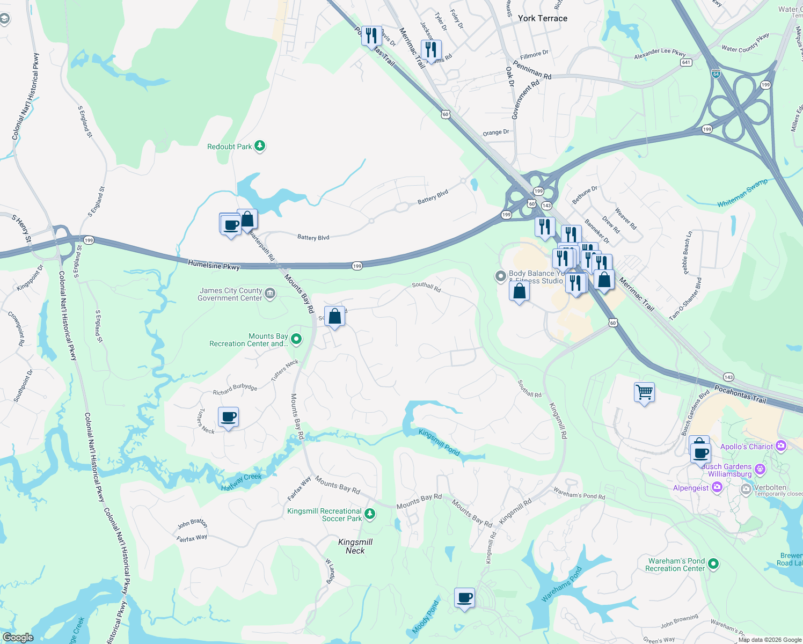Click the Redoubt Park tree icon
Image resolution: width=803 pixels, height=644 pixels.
coord(260,146)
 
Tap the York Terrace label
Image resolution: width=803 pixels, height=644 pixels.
coord(542,18)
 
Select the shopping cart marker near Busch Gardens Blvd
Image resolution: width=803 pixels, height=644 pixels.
coord(644,392)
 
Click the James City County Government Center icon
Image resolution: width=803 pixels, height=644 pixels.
coord(270,293)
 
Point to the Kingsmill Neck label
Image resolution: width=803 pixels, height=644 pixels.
coord(355,546)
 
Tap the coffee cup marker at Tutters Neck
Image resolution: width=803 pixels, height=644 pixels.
coord(229,417)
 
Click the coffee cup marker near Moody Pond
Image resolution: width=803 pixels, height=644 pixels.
coord(465,597)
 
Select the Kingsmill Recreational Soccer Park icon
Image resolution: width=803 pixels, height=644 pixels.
coord(370,515)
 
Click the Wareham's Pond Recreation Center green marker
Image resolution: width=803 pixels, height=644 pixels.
coord(713,564)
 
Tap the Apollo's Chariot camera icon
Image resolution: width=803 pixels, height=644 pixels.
coord(781,446)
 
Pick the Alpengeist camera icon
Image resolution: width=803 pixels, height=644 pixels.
coord(717,487)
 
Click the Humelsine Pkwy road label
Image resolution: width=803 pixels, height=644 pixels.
coord(214,265)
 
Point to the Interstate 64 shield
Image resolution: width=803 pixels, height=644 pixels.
coord(716,74)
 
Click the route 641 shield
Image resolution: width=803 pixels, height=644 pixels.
coord(685,62)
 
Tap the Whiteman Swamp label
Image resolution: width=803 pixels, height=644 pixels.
coord(742,193)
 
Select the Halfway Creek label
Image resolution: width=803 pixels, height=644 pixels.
coord(242,481)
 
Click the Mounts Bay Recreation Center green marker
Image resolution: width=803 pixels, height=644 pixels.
coord(296,339)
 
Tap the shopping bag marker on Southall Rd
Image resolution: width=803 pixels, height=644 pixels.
coord(334,317)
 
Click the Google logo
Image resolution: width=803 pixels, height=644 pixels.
coord(18,637)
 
